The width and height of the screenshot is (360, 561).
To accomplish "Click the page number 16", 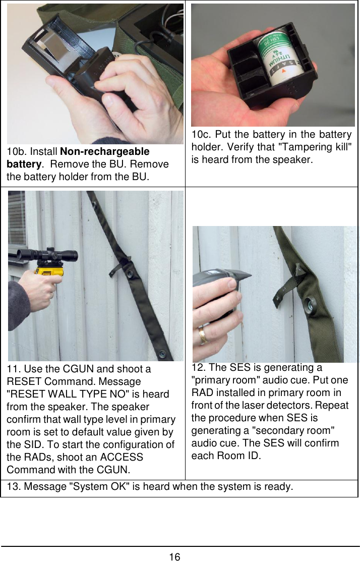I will [x=174, y=557].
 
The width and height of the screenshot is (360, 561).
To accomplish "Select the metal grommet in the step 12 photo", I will [x=312, y=307].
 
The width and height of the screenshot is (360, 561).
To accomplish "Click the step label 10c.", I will [x=202, y=135].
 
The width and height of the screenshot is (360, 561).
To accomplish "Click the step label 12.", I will [x=199, y=367].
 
